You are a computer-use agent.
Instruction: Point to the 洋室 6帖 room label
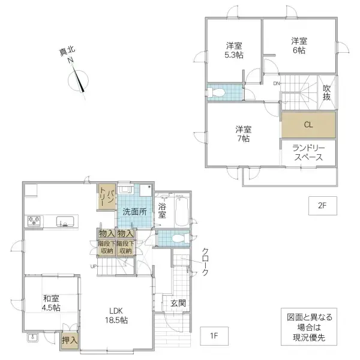(299, 46)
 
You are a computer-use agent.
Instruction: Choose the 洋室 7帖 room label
(243, 133)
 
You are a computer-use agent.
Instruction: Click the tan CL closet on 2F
(308, 125)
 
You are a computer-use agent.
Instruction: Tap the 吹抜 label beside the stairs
(326, 92)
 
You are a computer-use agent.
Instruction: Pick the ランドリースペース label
(308, 152)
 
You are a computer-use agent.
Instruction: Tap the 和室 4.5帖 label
(51, 302)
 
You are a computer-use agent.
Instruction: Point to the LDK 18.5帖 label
(118, 315)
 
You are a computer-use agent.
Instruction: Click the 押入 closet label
(70, 340)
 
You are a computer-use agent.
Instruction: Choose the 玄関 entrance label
(177, 304)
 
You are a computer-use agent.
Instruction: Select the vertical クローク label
(205, 263)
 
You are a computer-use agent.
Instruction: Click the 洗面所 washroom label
(135, 211)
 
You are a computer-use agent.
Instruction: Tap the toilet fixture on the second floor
(217, 92)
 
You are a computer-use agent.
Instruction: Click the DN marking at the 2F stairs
(277, 83)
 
